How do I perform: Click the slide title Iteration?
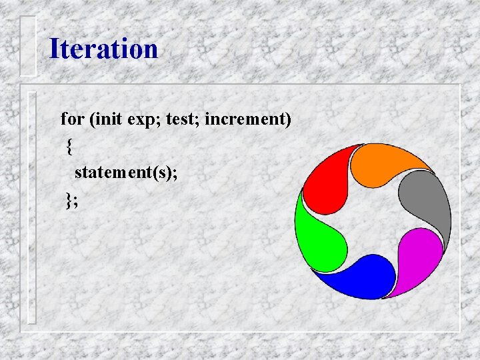click(x=103, y=49)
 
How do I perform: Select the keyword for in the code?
click(x=72, y=120)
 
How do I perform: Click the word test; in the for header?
click(x=182, y=120)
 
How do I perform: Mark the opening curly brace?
click(x=69, y=147)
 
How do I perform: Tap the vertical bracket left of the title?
click(x=28, y=45)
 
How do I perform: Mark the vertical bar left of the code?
click(x=31, y=207)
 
